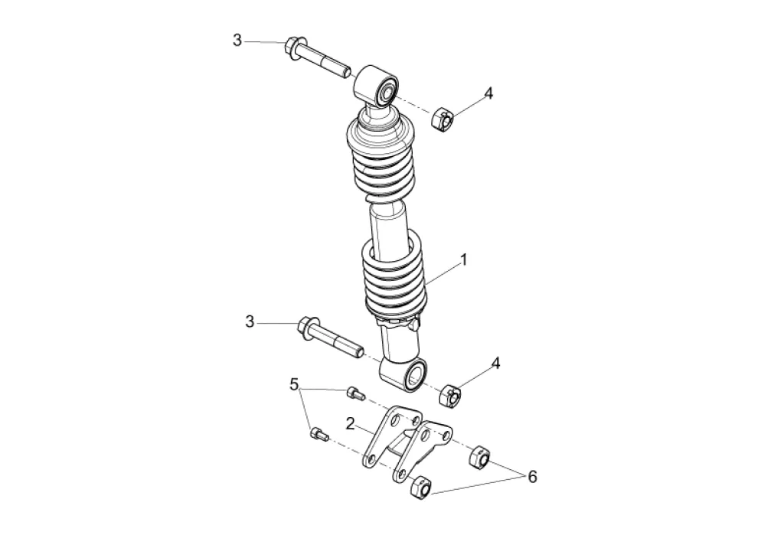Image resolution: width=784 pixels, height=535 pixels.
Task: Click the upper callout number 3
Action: [x=237, y=40]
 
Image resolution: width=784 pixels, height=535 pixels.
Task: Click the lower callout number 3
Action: [x=250, y=322]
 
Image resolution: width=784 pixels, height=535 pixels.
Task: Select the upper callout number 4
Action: [x=488, y=93]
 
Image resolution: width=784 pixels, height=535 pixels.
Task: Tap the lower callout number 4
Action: [x=496, y=364]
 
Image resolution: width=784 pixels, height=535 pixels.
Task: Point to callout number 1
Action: [x=463, y=260]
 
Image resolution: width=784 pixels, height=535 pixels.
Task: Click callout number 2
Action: [x=349, y=423]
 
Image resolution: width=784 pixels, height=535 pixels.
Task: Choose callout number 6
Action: [x=531, y=477]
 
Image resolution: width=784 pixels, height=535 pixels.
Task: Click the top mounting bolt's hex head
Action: [x=294, y=45]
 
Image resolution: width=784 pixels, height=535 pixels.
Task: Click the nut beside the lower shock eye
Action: [x=450, y=396]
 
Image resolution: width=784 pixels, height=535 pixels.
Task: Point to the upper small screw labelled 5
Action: [x=354, y=393]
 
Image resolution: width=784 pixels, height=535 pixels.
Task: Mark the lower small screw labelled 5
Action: [x=319, y=435]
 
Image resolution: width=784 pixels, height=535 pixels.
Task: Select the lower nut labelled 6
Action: [x=420, y=487]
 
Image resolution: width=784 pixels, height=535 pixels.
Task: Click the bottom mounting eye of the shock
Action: [x=406, y=373]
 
